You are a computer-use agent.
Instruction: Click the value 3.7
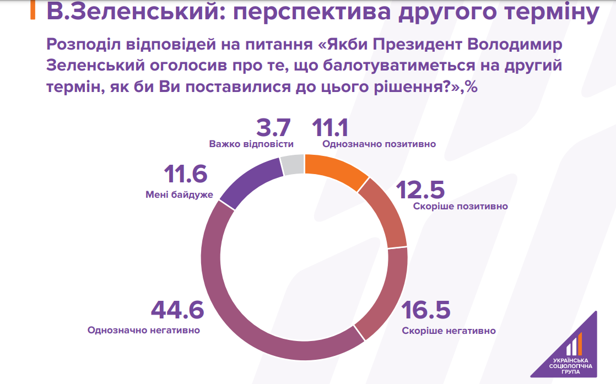(x=273, y=128)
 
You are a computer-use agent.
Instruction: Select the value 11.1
(x=331, y=128)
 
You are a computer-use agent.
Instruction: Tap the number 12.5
(x=422, y=190)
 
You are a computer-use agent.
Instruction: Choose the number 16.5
(x=425, y=311)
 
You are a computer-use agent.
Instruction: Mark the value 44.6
(x=177, y=311)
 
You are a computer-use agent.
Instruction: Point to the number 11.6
(x=185, y=175)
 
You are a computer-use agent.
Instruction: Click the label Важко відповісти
(x=251, y=144)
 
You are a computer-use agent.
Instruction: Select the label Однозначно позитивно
(x=379, y=144)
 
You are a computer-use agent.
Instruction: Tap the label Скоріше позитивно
(x=460, y=207)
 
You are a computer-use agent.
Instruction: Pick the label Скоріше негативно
(x=449, y=331)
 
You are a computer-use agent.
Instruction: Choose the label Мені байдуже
(x=179, y=194)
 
